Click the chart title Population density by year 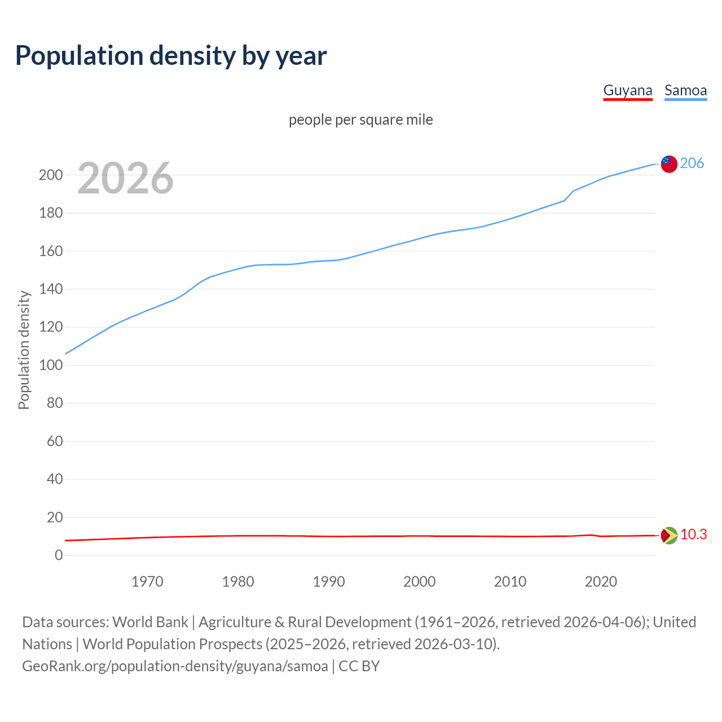coord(171,56)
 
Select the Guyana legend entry coord(627,90)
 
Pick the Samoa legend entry coord(685,90)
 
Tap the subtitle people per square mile coord(360,120)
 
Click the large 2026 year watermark coord(125,178)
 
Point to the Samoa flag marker coord(668,164)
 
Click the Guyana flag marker coord(668,535)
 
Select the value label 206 coord(692,163)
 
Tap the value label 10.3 coord(694,534)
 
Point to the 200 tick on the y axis coord(50,175)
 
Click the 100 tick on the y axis coord(50,365)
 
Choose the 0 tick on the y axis coord(59,555)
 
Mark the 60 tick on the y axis coord(55,441)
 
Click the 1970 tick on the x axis coord(147,582)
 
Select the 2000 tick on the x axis coord(419,582)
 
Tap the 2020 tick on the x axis coord(601,582)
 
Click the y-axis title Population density coord(24,350)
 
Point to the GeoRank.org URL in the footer coord(175,666)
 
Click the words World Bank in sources coord(150,622)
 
